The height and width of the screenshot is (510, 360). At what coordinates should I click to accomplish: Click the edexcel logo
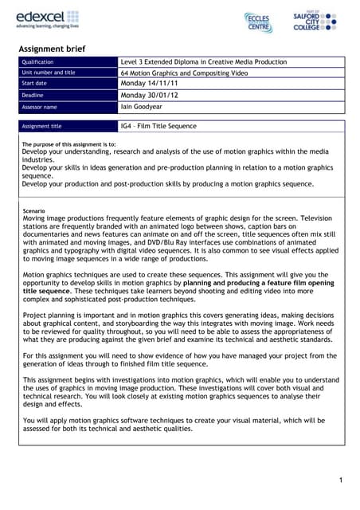[x=47, y=15]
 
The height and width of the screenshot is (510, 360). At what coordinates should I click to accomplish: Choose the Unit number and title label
[x=49, y=73]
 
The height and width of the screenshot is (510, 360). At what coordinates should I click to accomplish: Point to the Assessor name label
[x=40, y=106]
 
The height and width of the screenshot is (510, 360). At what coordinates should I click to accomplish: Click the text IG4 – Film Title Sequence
[x=158, y=126]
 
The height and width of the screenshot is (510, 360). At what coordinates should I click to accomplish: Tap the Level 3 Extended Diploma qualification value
[x=203, y=62]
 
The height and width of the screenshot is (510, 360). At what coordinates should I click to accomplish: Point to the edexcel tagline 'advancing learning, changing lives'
[x=48, y=25]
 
